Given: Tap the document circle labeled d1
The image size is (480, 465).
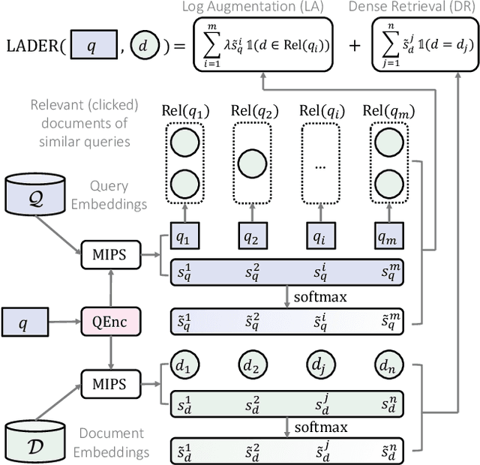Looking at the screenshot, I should [185, 367].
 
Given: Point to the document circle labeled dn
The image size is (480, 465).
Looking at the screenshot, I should [391, 367].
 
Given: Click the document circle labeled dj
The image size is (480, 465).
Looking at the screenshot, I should [322, 367].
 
